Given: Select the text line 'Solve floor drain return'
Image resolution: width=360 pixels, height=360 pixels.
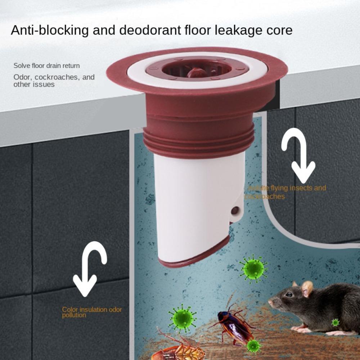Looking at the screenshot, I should tap(46, 66).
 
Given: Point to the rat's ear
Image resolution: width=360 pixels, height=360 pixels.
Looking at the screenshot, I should tap(307, 288).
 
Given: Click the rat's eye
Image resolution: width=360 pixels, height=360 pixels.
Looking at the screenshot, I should tap(288, 294).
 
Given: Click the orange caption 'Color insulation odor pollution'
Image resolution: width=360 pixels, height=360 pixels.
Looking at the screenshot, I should tap(91, 312).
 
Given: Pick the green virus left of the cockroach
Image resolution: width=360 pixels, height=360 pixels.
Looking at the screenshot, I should tap(183, 318).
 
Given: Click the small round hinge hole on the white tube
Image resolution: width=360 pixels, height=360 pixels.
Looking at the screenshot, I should tap(235, 211).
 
